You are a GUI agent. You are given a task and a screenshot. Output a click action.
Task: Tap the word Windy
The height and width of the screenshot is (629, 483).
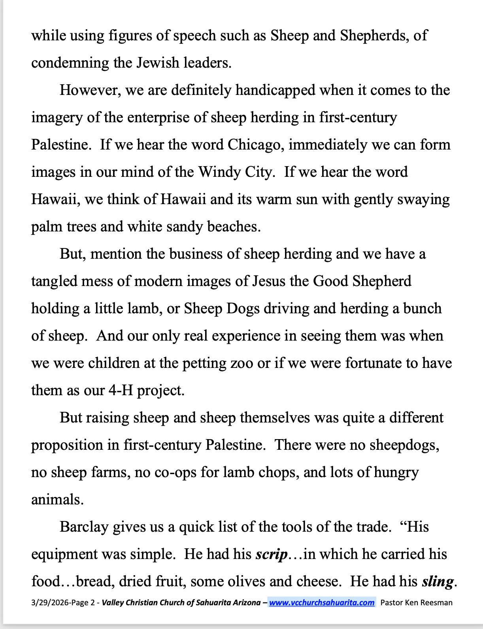click(219, 172)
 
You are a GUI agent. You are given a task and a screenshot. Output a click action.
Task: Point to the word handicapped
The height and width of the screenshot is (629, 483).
click(275, 90)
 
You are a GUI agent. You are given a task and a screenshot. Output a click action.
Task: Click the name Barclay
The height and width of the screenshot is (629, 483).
click(84, 527)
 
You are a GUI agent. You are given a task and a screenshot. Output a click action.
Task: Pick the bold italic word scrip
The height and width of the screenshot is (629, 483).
click(271, 554)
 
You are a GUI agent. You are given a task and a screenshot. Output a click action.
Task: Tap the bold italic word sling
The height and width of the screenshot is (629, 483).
click(438, 582)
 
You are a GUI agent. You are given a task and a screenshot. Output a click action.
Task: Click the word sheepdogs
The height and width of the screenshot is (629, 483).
click(404, 445)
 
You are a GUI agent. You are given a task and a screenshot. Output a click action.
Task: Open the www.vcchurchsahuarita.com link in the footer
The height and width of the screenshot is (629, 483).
click(322, 602)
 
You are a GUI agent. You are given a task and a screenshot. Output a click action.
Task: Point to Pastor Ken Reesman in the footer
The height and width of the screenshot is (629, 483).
click(416, 602)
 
